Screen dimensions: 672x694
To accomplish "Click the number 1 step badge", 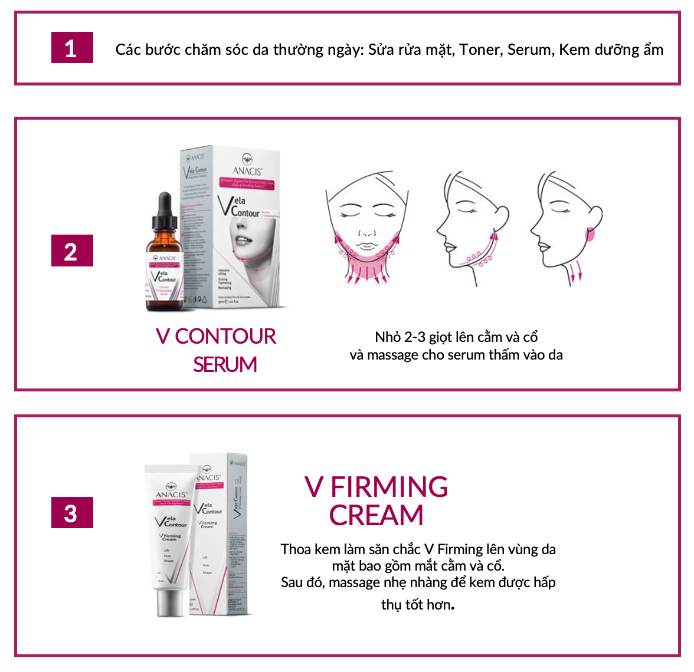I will click(x=72, y=48).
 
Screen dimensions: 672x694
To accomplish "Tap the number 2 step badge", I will click(x=72, y=251).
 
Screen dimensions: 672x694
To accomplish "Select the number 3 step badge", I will click(x=72, y=513).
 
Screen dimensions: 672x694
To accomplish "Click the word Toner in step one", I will click(x=480, y=50).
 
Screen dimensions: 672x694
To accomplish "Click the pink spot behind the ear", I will click(x=589, y=233).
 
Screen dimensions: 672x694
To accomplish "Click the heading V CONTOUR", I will click(x=216, y=337).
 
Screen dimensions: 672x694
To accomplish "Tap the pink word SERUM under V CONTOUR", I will click(x=225, y=365).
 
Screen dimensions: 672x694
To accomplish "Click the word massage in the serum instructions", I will click(x=394, y=355).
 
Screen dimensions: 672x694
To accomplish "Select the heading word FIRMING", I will click(x=389, y=487).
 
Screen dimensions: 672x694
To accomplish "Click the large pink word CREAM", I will click(x=376, y=516).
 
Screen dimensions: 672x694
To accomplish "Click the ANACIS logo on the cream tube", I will click(x=171, y=493).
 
